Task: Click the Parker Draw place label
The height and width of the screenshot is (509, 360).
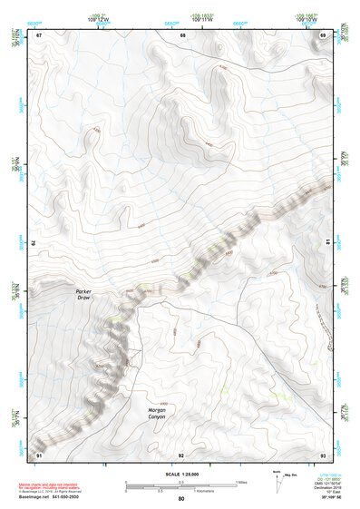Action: click(83, 294)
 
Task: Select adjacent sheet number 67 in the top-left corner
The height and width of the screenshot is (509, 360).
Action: click(39, 34)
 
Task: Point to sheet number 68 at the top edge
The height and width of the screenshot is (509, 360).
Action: click(182, 34)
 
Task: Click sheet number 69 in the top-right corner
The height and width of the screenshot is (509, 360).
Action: click(323, 34)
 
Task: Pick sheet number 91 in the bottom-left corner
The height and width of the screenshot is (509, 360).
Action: click(39, 454)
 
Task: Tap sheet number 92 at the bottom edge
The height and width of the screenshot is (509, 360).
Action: click(181, 455)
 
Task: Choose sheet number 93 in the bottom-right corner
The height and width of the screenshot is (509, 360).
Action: click(323, 454)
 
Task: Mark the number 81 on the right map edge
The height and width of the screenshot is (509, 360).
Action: click(326, 243)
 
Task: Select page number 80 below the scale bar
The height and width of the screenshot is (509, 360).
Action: click(181, 499)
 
